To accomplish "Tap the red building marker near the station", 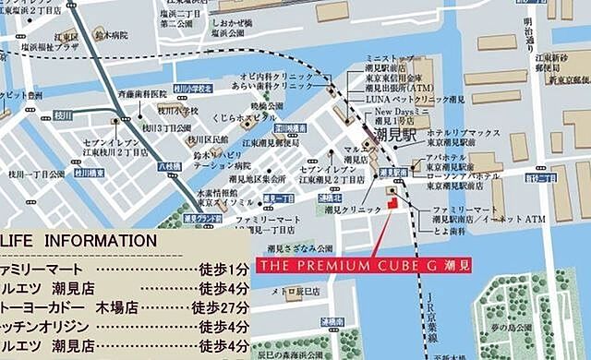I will click(x=390, y=201).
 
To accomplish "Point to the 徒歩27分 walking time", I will click(x=224, y=307).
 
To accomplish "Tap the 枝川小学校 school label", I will click(x=193, y=89).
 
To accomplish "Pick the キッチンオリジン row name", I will click(x=46, y=328).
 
